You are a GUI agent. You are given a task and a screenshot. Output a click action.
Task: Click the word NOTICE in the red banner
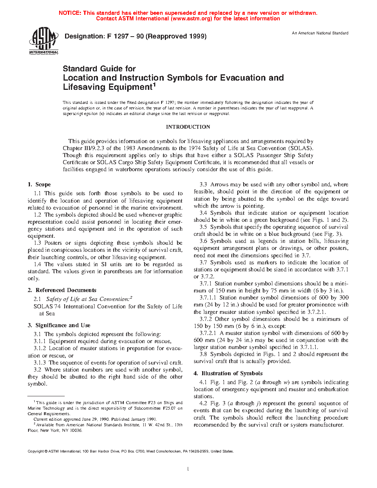[x=70, y=13]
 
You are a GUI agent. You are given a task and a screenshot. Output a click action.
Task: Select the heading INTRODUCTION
[x=188, y=127]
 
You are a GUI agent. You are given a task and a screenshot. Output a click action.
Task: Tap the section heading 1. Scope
[x=39, y=184]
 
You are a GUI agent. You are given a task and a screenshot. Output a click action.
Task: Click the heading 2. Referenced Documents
[x=62, y=290]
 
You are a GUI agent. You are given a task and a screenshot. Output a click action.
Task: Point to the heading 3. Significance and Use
[x=59, y=325]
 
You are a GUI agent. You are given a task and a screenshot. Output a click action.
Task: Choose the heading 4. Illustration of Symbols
[x=228, y=373]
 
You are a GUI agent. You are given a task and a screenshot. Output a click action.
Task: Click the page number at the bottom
[x=188, y=469]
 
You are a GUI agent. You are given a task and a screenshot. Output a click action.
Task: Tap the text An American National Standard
[x=320, y=33]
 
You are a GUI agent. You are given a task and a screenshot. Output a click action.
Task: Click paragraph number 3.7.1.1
[x=208, y=298]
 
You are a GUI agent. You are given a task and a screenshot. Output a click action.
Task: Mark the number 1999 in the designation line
[x=197, y=36]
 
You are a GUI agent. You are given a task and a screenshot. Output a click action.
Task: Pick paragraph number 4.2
[x=203, y=403]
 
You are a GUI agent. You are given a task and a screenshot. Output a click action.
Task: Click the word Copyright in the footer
[x=35, y=451]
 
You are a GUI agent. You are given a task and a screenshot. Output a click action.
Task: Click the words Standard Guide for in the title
[x=99, y=69]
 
